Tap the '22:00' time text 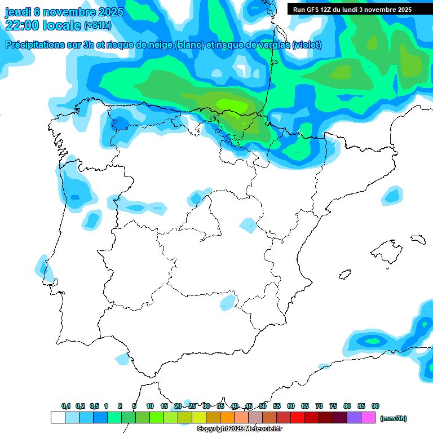click(x=23, y=24)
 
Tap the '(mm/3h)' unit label click(x=393, y=418)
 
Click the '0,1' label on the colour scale click(x=66, y=406)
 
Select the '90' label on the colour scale click(x=375, y=406)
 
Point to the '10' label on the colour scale click(x=150, y=406)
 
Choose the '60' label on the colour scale click(x=291, y=406)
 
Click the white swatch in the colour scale click(x=58, y=418)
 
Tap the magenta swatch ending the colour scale click(x=368, y=418)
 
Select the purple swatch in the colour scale click(x=354, y=418)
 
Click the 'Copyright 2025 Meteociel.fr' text click(x=239, y=429)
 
